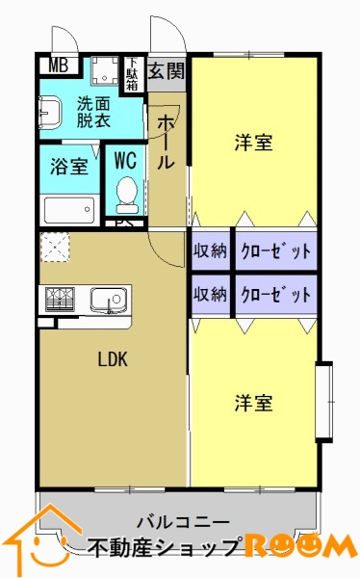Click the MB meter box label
[x=59, y=66]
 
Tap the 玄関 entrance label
[x=167, y=70]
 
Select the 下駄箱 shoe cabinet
[x=132, y=74]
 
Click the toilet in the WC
[x=127, y=195]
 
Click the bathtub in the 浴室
[x=69, y=210]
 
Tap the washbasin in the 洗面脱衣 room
[x=49, y=113]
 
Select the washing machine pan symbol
[x=105, y=70]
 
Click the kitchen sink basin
[x=109, y=300]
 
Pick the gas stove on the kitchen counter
[x=60, y=299]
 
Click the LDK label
[x=113, y=359]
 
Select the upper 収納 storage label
[x=210, y=251]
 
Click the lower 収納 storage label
[x=210, y=294]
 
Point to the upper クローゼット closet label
[x=275, y=251]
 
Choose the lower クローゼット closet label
[x=275, y=295]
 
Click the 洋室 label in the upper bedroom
[x=253, y=143]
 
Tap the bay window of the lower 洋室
[x=324, y=402]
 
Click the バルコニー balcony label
[x=184, y=522]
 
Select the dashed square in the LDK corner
[x=55, y=247]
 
